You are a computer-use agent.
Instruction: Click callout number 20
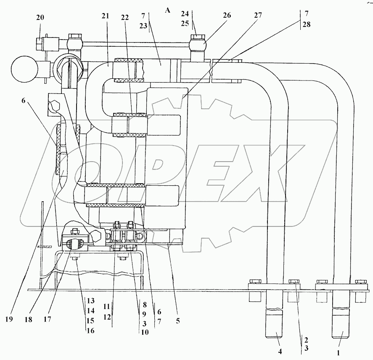40,17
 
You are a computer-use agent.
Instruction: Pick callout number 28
306,24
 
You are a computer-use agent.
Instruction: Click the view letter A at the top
167,11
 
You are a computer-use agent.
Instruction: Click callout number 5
178,320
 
